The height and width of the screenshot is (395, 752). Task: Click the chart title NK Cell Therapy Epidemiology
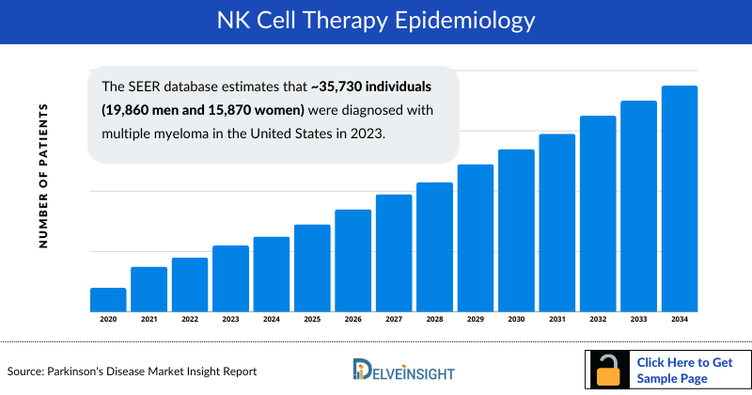[x=375, y=22]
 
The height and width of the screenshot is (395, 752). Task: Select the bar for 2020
[x=108, y=299]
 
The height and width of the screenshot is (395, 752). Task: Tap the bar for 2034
[x=680, y=198]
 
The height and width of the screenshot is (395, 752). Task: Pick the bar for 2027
[x=394, y=252]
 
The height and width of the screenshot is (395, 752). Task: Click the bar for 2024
[x=272, y=274]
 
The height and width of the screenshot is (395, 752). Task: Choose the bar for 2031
[x=557, y=222]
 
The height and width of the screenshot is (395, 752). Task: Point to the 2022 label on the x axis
[x=190, y=320]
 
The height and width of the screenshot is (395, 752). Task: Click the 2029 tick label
[x=476, y=320]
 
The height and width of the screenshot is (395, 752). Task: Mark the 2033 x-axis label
[x=639, y=320]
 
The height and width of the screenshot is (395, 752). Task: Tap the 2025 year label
[x=312, y=320]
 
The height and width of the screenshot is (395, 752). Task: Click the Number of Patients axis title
[x=43, y=176]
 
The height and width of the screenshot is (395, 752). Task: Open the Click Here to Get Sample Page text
[x=680, y=370]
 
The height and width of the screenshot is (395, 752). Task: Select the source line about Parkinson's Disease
[x=133, y=371]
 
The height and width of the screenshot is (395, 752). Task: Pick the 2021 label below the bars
[x=149, y=320]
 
